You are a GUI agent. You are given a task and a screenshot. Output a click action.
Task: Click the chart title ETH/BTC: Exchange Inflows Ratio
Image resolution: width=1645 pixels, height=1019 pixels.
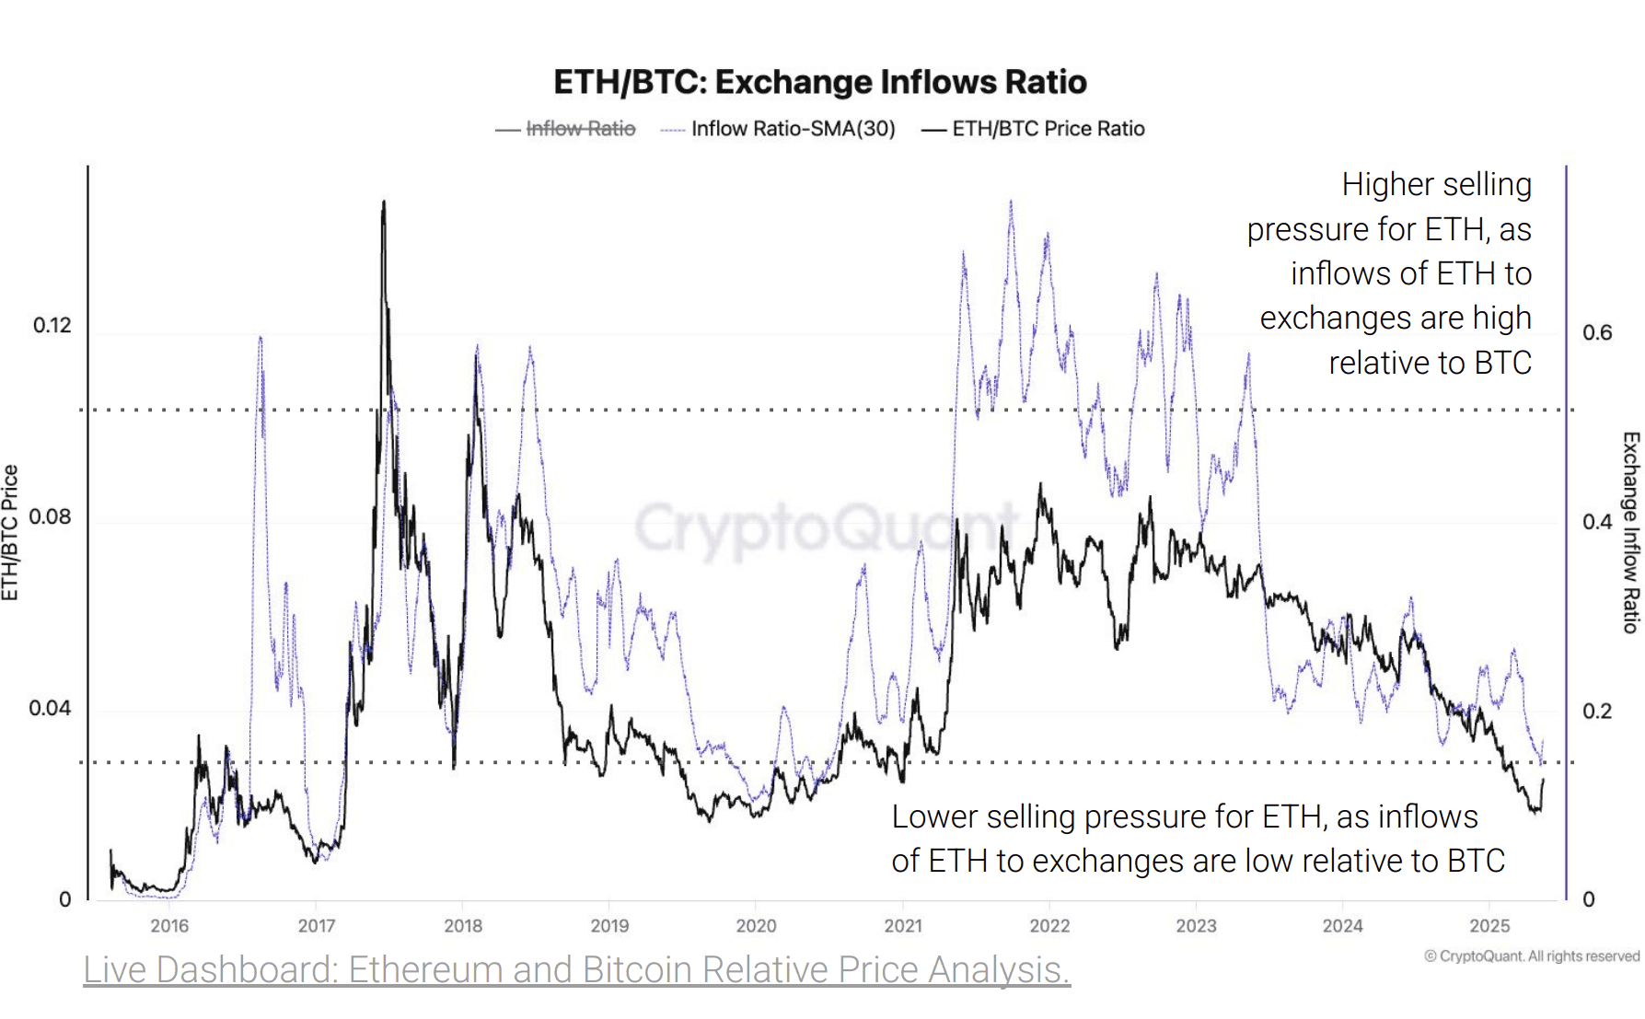click(x=819, y=82)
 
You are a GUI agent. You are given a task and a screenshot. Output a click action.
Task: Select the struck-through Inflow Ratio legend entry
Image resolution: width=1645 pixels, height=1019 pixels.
click(x=580, y=129)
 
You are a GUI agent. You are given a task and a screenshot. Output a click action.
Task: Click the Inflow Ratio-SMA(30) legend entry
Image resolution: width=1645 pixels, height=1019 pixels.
click(x=793, y=129)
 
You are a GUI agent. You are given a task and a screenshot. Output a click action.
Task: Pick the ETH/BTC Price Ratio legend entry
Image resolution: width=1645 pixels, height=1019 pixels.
click(x=1048, y=129)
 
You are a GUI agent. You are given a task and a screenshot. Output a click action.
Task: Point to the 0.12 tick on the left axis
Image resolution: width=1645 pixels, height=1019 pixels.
click(x=52, y=326)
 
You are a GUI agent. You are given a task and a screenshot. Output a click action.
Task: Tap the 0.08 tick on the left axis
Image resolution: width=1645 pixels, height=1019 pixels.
click(x=50, y=517)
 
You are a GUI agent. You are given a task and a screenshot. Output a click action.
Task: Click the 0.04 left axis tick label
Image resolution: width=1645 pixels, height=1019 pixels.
click(x=50, y=709)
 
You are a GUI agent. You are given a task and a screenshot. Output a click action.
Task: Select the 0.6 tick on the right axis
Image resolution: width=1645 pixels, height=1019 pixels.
click(x=1597, y=333)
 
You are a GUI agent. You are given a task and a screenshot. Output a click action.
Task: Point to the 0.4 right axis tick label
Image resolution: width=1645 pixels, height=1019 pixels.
click(x=1597, y=522)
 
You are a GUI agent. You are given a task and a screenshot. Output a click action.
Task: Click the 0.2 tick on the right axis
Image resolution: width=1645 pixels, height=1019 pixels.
click(x=1597, y=712)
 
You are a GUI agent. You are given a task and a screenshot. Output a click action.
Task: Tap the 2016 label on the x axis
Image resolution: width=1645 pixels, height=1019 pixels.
click(x=169, y=926)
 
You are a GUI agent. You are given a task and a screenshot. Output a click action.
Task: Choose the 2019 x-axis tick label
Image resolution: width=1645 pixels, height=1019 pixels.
click(x=609, y=926)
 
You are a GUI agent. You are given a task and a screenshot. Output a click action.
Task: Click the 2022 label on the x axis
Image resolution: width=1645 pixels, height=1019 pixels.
click(x=1049, y=926)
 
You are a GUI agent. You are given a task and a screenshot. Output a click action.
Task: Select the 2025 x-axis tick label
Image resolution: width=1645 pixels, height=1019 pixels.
click(x=1489, y=926)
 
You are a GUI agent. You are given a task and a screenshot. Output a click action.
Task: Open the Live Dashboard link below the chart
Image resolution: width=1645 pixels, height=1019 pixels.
click(x=576, y=970)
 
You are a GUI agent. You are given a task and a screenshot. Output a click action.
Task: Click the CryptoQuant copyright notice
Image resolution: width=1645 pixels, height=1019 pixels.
click(x=1532, y=956)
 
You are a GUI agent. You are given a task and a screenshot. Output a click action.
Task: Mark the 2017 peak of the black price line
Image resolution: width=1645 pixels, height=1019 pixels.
click(x=383, y=203)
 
